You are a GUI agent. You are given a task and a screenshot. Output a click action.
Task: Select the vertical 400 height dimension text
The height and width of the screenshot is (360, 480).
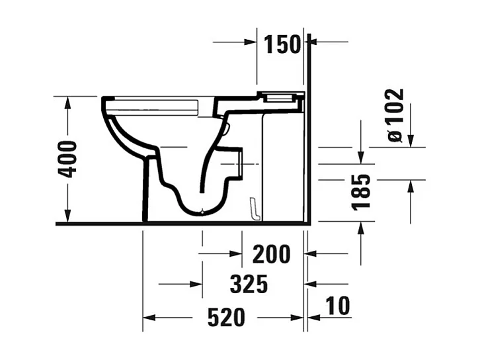[67, 159]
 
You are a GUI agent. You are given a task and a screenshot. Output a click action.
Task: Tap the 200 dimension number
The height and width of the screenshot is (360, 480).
[270, 253]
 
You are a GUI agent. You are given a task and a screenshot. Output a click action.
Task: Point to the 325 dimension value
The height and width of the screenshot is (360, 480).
[249, 285]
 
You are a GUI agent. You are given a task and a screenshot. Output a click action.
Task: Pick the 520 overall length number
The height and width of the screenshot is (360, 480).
[226, 318]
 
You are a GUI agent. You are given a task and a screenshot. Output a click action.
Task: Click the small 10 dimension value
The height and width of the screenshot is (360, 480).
[338, 306]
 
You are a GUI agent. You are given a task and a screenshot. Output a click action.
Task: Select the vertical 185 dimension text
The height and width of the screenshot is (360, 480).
[361, 192]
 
